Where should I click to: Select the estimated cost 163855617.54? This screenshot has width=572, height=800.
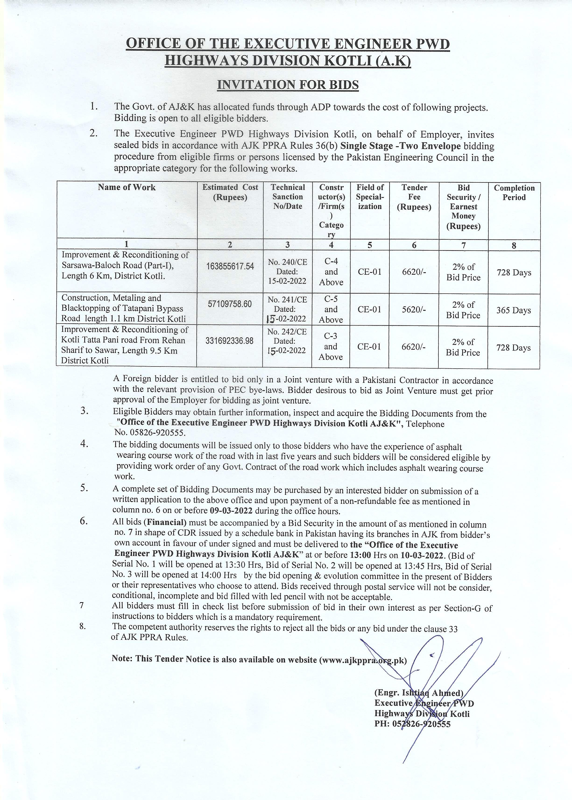pyautogui.click(x=230, y=266)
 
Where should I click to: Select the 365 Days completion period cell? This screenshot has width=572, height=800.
pyautogui.click(x=514, y=310)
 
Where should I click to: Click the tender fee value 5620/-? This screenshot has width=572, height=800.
pyautogui.click(x=414, y=309)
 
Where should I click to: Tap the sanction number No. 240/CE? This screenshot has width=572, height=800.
pyautogui.click(x=287, y=262)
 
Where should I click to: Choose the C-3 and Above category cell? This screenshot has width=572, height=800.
pyautogui.click(x=331, y=346)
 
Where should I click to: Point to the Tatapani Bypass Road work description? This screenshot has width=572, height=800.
pyautogui.click(x=123, y=308)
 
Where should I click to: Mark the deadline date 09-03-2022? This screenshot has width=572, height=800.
pyautogui.click(x=231, y=511)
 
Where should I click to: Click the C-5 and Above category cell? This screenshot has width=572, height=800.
pyautogui.click(x=331, y=309)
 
